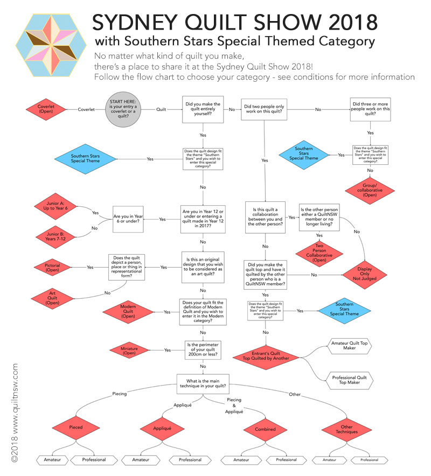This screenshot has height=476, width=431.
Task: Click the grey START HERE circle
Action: (x=122, y=109)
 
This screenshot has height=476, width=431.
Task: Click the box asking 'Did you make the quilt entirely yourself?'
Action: (x=203, y=109)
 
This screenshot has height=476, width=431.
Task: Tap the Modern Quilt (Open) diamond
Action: (x=128, y=312)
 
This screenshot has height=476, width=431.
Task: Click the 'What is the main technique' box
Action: (x=203, y=383)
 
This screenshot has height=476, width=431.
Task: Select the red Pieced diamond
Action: (x=75, y=429)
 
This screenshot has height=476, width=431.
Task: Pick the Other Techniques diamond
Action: (x=345, y=429)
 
